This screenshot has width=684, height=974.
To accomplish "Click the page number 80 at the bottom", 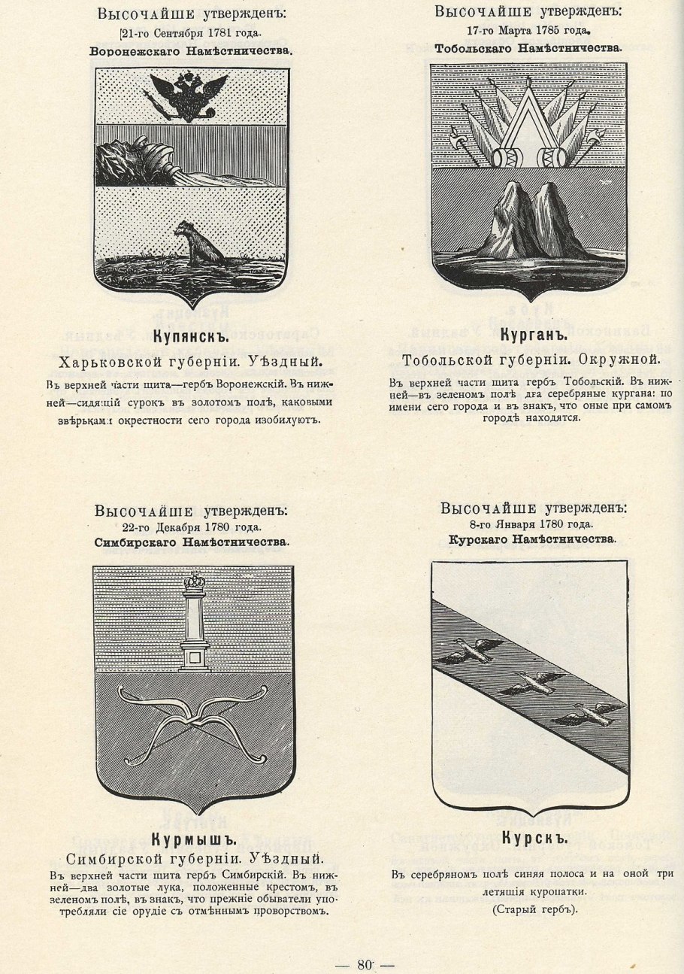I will tap(366, 965).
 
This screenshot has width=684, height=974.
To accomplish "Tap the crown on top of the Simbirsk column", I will tap(195, 581).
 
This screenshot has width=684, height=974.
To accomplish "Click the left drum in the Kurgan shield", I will tap(502, 156).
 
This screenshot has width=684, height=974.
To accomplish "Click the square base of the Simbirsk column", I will tap(195, 657).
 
